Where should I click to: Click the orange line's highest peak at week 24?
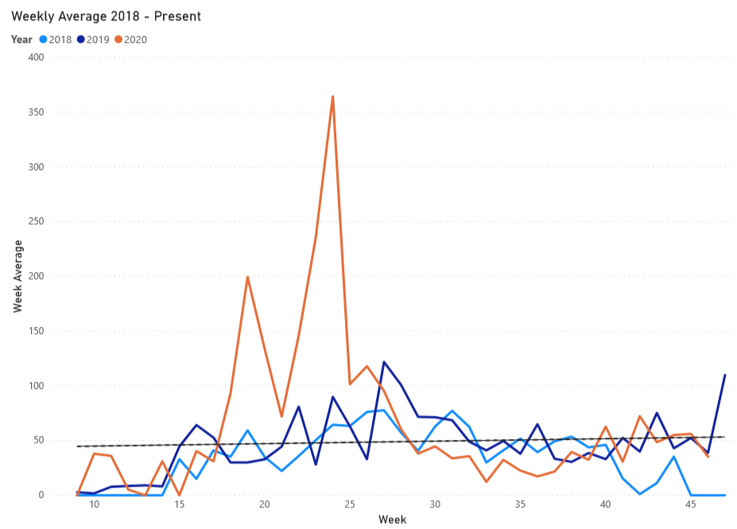tap(332, 96)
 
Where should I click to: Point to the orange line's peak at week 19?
tap(247, 277)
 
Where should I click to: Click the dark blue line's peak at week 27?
tap(384, 362)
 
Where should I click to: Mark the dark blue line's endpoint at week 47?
tap(725, 375)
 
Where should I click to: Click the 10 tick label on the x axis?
tap(95, 506)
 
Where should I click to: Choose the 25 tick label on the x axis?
tap(350, 506)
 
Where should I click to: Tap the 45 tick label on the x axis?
tap(691, 506)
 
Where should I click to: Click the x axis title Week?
tap(393, 519)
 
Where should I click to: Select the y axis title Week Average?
tap(17, 277)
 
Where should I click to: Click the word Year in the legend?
tap(21, 39)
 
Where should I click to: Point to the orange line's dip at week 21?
tap(281, 416)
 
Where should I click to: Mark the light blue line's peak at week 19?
tap(247, 430)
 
